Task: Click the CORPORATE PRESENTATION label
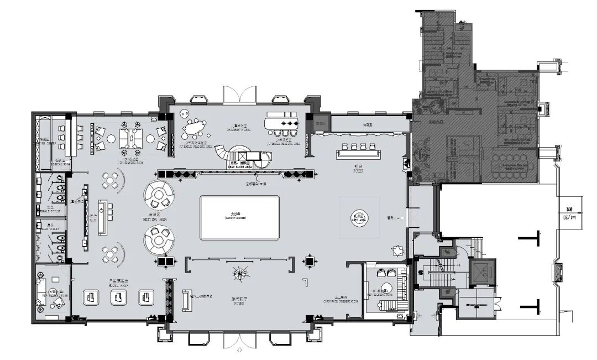click(x=341, y=301)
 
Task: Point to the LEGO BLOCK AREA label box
click(x=242, y=164)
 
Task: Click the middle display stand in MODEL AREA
click(x=117, y=298)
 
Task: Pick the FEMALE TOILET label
click(x=48, y=211)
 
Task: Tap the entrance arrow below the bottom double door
click(x=239, y=350)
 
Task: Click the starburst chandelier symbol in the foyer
click(x=239, y=272)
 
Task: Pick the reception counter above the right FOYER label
click(x=357, y=153)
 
